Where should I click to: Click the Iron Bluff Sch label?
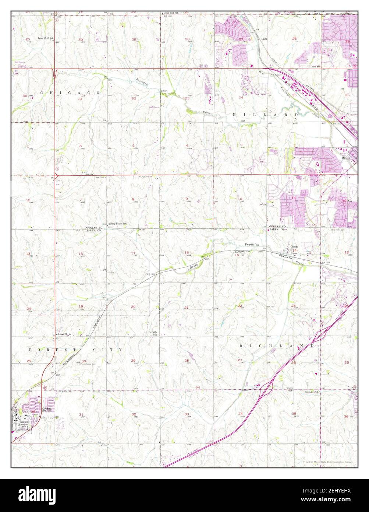tap(46, 38)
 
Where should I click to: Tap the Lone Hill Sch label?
tap(171, 13)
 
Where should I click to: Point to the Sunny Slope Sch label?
tap(117, 224)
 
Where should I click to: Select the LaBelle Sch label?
tap(153, 333)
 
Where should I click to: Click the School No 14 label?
tap(63, 334)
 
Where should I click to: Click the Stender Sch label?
tap(311, 392)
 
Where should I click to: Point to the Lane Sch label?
tap(315, 67)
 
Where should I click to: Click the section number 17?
tap(133, 253)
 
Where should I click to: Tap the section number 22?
tap(240, 306)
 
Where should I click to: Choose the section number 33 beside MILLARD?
tap(187, 98)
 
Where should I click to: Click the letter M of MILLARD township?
tap(234, 115)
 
